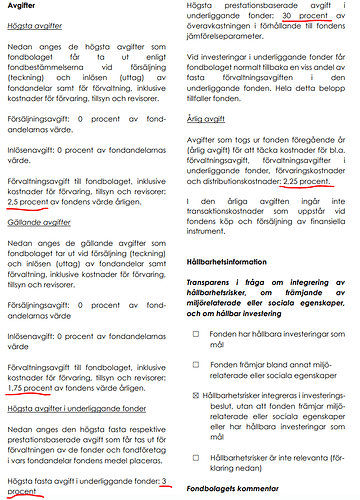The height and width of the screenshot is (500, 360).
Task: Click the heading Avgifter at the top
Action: (x=25, y=9)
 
